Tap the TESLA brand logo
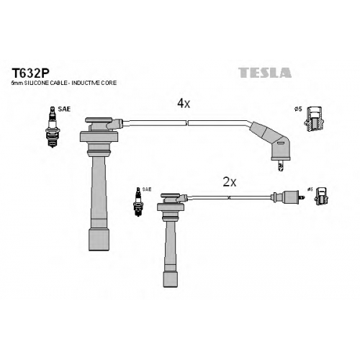tap(265, 73)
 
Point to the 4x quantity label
tap(184, 104)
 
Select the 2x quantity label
tap(230, 182)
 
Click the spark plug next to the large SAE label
tap(53, 127)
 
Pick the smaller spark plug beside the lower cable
tap(138, 202)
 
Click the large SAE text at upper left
tap(64, 109)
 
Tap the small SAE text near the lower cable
tap(147, 189)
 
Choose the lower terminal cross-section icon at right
tap(322, 197)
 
